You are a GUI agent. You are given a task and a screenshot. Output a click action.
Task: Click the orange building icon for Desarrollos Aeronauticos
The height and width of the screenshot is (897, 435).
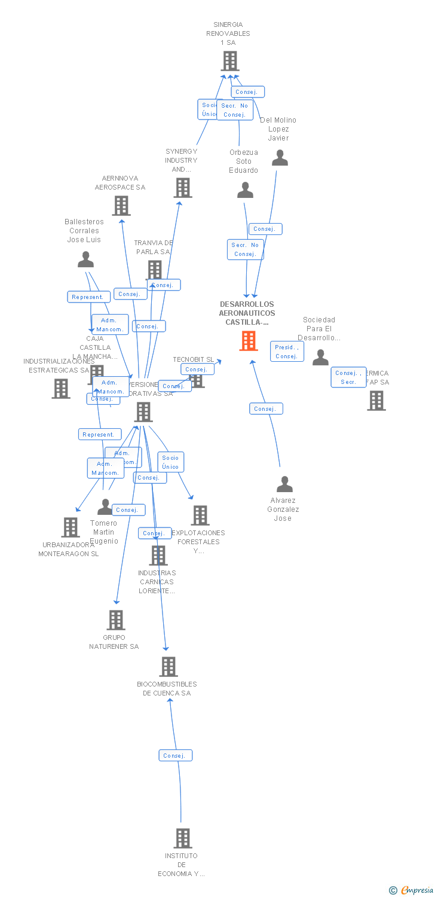(249, 341)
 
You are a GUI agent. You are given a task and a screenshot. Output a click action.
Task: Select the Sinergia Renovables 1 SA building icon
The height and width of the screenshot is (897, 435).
(229, 61)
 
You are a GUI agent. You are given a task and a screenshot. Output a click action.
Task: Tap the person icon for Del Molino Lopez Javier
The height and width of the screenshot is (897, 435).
(280, 158)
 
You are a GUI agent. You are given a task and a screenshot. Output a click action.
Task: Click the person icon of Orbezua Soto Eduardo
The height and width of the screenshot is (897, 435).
(245, 190)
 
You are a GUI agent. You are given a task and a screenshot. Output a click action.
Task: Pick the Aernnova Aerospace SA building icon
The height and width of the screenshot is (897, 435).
(121, 206)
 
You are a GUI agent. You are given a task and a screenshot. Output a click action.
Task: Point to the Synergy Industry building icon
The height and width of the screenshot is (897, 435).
(183, 187)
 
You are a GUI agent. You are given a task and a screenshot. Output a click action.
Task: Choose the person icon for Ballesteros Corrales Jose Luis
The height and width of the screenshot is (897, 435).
(86, 260)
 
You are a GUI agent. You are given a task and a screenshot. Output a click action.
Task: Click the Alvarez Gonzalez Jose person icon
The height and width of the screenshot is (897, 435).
(284, 484)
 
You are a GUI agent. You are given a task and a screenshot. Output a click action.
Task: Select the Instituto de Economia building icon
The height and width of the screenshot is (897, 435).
(183, 838)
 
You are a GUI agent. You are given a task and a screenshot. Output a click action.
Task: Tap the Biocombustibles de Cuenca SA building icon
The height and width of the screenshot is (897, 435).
(169, 667)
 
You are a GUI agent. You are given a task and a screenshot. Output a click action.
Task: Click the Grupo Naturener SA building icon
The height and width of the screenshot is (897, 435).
(116, 620)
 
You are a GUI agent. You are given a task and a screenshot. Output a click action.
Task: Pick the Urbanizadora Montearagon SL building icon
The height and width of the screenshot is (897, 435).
(71, 527)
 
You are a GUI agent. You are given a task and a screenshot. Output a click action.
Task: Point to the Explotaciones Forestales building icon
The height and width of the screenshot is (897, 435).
(200, 515)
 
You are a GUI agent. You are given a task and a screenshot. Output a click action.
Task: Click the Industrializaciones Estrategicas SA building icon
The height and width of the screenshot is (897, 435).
(61, 389)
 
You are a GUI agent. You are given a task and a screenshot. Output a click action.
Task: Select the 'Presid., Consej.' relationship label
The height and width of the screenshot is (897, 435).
(287, 352)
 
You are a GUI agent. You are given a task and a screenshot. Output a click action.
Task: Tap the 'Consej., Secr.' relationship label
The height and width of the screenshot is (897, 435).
(348, 377)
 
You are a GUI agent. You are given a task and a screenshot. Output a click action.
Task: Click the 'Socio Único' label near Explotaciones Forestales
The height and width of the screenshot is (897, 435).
(170, 462)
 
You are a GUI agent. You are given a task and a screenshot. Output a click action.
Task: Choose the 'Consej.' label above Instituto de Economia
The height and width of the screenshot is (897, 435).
(175, 755)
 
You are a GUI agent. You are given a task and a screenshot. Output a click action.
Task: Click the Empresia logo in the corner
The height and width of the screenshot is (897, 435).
(412, 890)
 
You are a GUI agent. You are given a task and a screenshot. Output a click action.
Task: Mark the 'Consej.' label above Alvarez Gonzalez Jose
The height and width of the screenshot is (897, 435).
(265, 408)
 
